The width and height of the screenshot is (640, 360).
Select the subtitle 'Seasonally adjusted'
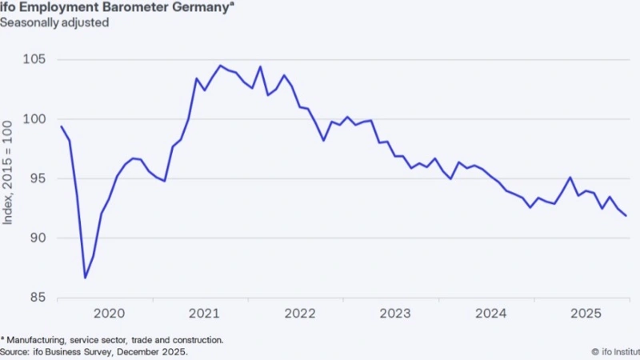click(x=54, y=22)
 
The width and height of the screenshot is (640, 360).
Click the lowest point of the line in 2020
click(x=86, y=278)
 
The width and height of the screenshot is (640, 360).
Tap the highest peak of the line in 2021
click(x=220, y=66)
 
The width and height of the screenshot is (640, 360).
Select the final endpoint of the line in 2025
click(x=626, y=216)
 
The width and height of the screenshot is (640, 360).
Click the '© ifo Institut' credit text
click(x=614, y=350)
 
